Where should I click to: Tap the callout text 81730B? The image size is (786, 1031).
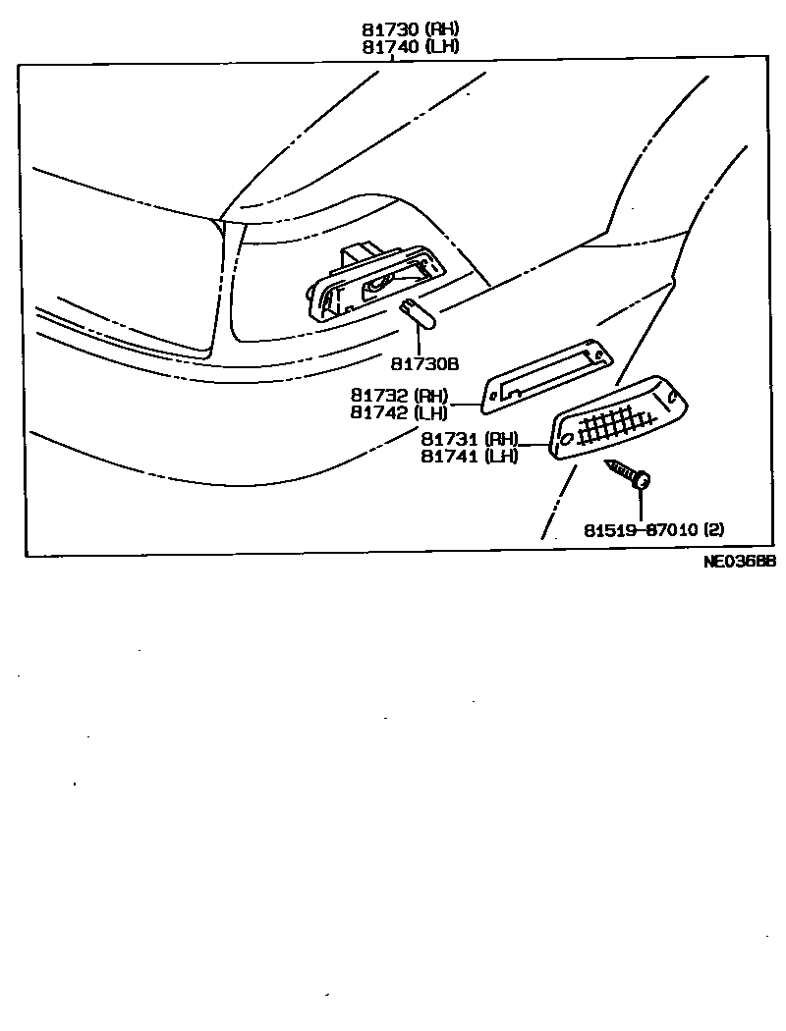[x=424, y=363]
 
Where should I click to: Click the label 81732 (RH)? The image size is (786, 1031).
[x=399, y=396]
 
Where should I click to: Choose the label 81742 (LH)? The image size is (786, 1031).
[x=399, y=412]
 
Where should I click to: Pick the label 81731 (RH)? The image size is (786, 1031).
[x=470, y=439]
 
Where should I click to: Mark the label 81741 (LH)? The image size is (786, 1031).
[x=470, y=456]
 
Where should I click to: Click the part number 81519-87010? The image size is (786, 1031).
[x=641, y=530]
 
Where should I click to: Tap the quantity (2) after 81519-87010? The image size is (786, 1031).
[x=714, y=530]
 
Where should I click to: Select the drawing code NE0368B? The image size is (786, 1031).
[x=740, y=562]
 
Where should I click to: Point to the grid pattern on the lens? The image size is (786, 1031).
[x=615, y=424]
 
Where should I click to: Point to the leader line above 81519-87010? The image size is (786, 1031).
[x=641, y=504]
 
